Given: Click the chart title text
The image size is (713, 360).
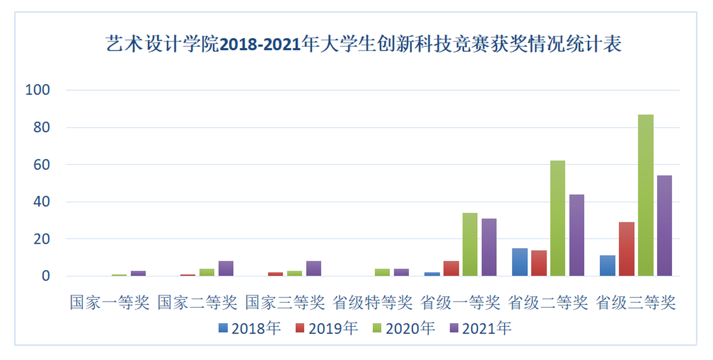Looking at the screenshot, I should coord(364,44).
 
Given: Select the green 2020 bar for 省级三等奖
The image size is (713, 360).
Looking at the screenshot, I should coord(645,195).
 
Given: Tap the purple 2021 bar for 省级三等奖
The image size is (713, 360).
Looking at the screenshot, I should coord(665,226).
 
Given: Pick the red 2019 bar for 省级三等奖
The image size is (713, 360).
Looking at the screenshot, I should coord(627,249).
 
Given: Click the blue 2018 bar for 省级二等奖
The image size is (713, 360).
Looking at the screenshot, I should coord(520,262).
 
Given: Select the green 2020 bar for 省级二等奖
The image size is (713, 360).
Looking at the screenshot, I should coord(557,218).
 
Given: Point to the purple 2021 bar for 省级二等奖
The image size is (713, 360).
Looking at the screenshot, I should coord(576,235).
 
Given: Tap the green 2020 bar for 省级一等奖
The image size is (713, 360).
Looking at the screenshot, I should coord(470,245).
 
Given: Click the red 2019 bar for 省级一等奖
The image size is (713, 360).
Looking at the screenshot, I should coord(451,269).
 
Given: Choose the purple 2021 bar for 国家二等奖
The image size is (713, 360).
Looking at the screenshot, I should coord(226,269).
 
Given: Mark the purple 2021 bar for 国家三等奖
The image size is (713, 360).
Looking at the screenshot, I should coord(314,269).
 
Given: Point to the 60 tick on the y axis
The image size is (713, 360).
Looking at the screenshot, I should coord(41,164).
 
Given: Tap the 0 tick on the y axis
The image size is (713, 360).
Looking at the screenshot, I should coord(46,276).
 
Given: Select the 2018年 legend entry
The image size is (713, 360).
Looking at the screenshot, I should coord(250,328).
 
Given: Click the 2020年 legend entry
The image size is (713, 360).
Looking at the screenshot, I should coord(404,328).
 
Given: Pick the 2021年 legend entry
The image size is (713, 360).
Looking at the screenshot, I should coord(480,328).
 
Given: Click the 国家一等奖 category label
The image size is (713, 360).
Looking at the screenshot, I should coord(110,303).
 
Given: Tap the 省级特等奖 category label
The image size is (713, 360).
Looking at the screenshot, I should coord(373,303).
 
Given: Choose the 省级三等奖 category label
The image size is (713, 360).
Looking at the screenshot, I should coord(636,303).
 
